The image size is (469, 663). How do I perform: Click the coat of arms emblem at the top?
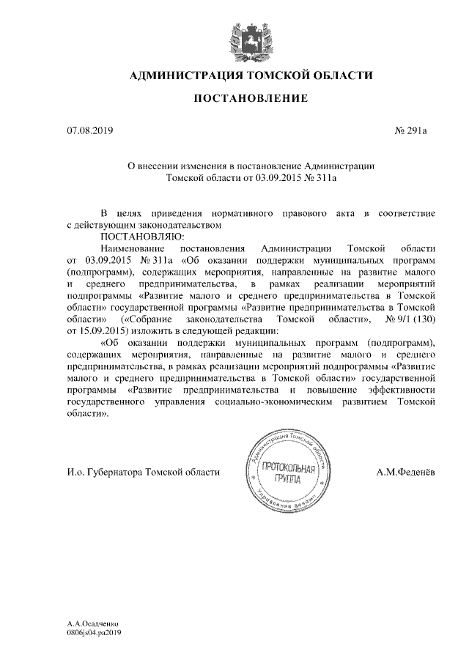(251, 37)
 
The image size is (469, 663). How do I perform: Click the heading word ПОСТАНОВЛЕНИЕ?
(251, 98)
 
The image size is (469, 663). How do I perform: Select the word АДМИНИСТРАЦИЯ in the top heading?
(185, 75)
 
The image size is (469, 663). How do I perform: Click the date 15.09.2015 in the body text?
(103, 331)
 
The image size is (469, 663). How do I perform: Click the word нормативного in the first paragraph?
(231, 212)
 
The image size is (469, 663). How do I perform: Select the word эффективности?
(402, 390)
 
